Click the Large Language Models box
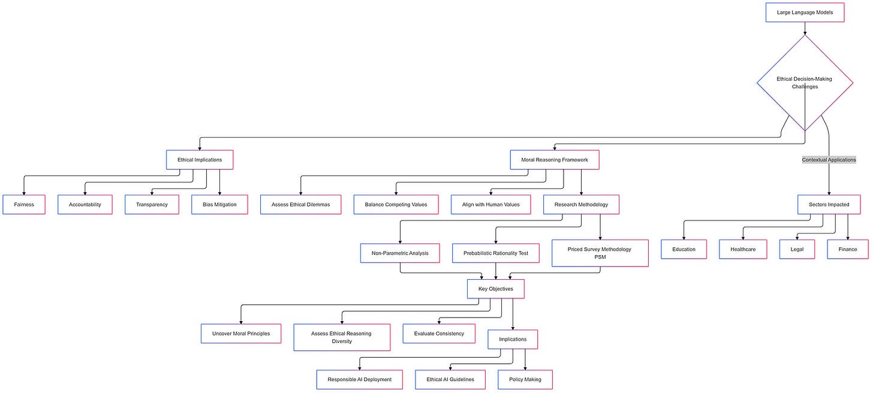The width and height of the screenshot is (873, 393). pos(805,13)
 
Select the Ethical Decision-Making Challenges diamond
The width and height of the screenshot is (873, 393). pos(805,83)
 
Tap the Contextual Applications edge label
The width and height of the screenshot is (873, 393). pos(829,160)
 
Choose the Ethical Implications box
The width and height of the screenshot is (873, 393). pos(199,160)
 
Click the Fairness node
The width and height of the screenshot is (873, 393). pos(24,204)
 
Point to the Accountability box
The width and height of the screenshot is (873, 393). pos(85,204)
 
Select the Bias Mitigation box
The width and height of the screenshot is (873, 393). pos(219,204)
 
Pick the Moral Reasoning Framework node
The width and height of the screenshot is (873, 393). pos(555,160)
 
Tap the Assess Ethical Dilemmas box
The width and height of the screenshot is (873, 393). pos(300,204)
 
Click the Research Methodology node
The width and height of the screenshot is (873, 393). pos(581,204)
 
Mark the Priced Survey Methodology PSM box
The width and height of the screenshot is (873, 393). pos(600,253)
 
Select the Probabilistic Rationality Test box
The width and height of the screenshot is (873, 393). pos(495,253)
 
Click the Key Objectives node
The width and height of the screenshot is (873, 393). pos(496,289)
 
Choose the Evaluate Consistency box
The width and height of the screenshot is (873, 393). pos(439,334)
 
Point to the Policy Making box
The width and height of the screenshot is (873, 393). pos(525,379)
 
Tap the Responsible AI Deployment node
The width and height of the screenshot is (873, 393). pos(359,379)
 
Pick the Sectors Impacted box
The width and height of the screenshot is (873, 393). pos(829,204)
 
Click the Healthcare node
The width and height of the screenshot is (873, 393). pos(743,249)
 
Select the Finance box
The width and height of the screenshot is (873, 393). pos(848,249)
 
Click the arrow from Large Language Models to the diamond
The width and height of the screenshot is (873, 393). pos(805,28)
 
